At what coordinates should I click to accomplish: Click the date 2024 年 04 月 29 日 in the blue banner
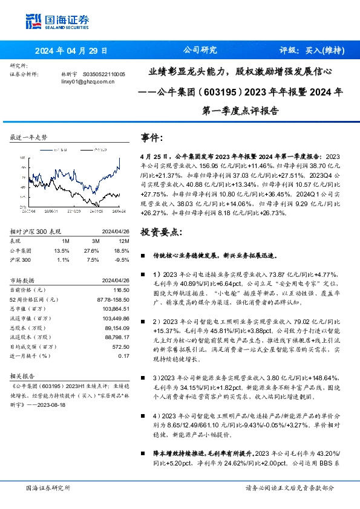click(x=71, y=51)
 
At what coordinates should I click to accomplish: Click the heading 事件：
click(x=152, y=137)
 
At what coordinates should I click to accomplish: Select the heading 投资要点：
click(x=160, y=233)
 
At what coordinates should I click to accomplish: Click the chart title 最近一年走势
click(x=28, y=138)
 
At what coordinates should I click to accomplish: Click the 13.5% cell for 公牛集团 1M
click(x=62, y=250)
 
